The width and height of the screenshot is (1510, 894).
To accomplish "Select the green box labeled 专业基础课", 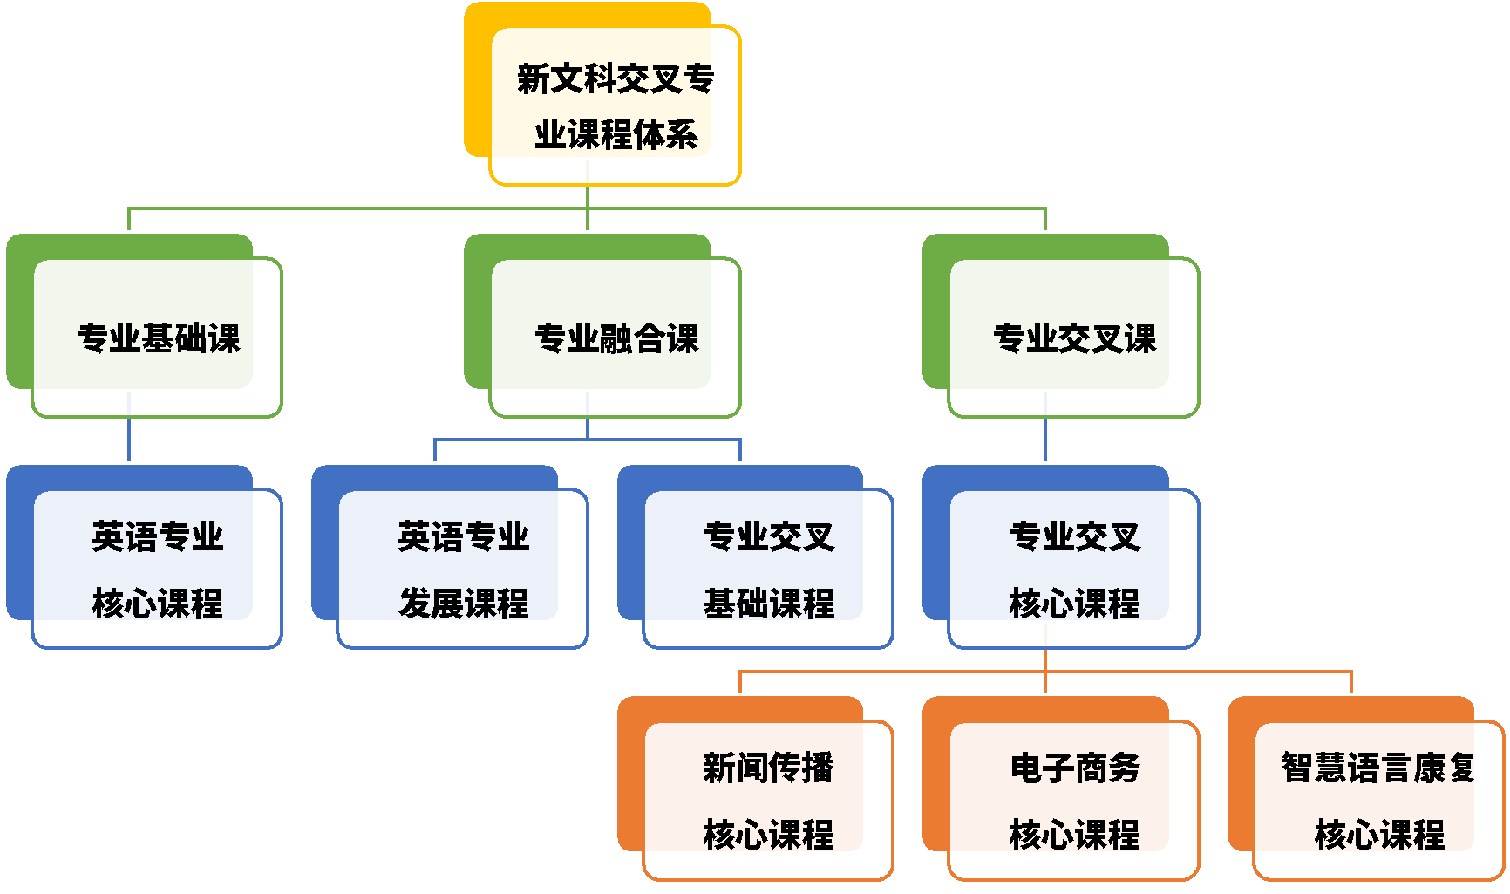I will pos(157,338).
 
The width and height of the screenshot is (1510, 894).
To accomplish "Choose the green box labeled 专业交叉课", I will pos(1073,338).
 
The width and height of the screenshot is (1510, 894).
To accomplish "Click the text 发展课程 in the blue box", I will pos(463,603).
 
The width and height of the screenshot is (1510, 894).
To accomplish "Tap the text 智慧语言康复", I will pos(1377,768).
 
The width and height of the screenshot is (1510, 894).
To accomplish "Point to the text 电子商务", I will pos(1074,768).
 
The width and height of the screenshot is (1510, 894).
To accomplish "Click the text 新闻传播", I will pos(768,768).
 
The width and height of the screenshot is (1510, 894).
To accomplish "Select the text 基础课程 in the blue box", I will pos(768,603).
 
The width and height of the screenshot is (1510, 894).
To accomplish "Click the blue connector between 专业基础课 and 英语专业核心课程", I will pos(129,440).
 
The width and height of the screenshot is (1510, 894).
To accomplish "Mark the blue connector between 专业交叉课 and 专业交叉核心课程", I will pos(1045,440).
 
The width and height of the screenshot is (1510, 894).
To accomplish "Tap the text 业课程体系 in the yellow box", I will pos(616,134).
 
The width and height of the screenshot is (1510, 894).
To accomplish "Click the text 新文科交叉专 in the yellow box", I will pos(616,78).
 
